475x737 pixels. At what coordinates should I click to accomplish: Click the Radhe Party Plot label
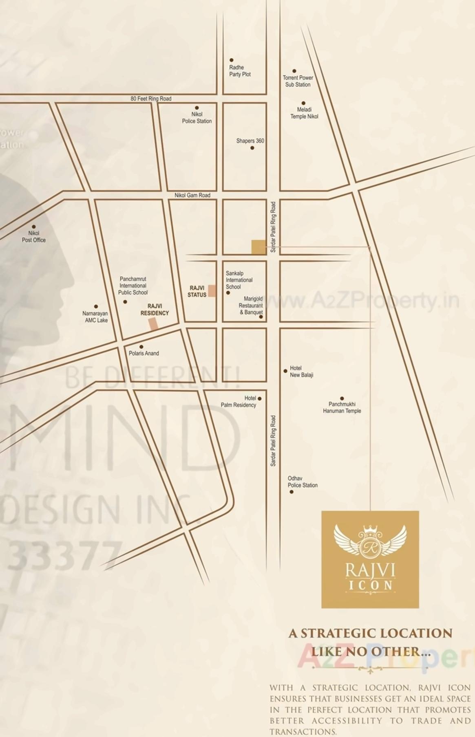[x=239, y=71]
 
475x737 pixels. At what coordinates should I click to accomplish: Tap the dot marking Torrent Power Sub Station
[x=294, y=71]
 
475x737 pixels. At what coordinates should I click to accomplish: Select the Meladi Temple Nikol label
[x=304, y=113]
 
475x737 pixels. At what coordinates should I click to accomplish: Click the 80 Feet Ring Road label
[x=151, y=99]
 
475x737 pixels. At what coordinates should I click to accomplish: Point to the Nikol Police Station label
[x=197, y=118]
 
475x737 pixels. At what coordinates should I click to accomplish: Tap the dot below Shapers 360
[x=252, y=148]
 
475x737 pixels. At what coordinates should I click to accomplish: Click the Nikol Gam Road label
[x=192, y=195]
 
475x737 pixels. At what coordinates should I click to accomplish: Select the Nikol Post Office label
[x=34, y=237]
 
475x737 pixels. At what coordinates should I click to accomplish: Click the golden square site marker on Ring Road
[x=258, y=247]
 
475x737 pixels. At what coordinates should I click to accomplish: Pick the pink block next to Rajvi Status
[x=212, y=291]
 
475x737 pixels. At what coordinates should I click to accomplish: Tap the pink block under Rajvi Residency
[x=153, y=324]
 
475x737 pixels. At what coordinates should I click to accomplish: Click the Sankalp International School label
[x=239, y=280]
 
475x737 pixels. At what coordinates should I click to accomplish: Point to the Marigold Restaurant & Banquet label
[x=251, y=306]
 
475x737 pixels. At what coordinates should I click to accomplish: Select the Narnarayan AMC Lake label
[x=95, y=317]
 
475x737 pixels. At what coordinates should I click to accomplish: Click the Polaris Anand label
[x=144, y=353]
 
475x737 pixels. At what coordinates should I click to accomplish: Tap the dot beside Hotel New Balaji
[x=285, y=371]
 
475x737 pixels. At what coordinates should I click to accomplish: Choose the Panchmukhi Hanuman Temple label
[x=342, y=407]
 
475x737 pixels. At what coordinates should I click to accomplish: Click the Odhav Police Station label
[x=302, y=482]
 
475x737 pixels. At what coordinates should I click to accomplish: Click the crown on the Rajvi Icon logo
[x=370, y=530]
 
